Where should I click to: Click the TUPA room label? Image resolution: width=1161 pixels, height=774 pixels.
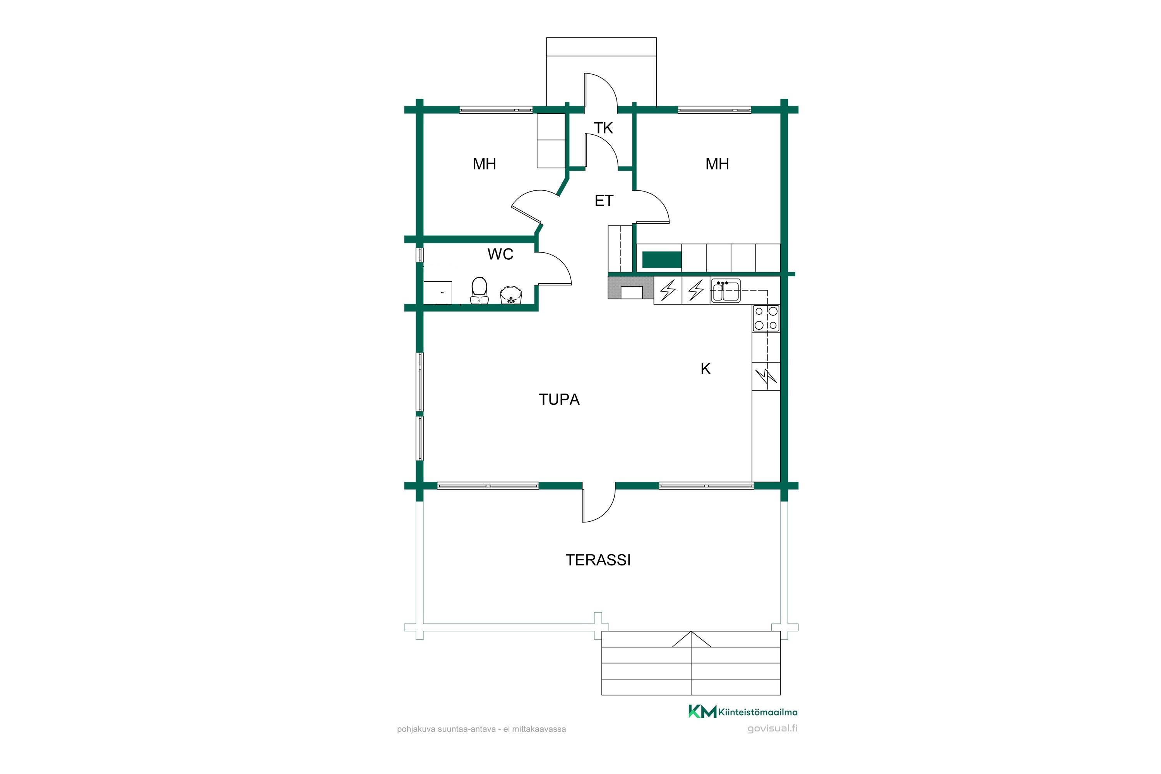click(559, 399)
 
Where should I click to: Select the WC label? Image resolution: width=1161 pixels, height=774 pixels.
click(500, 254)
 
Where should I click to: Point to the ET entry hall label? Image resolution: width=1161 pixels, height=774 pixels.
click(604, 201)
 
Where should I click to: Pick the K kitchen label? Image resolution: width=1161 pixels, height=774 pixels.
click(706, 369)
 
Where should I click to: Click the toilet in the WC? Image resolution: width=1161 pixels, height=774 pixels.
click(479, 290)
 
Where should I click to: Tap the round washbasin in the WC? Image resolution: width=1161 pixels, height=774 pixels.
click(511, 295)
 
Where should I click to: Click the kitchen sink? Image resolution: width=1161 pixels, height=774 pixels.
click(726, 291)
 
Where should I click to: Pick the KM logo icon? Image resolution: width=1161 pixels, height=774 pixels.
click(702, 712)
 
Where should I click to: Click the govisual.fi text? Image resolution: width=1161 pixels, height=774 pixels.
click(772, 729)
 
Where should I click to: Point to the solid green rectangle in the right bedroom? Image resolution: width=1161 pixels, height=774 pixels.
click(662, 260)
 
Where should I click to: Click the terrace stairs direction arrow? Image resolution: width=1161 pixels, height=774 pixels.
click(691, 639)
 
